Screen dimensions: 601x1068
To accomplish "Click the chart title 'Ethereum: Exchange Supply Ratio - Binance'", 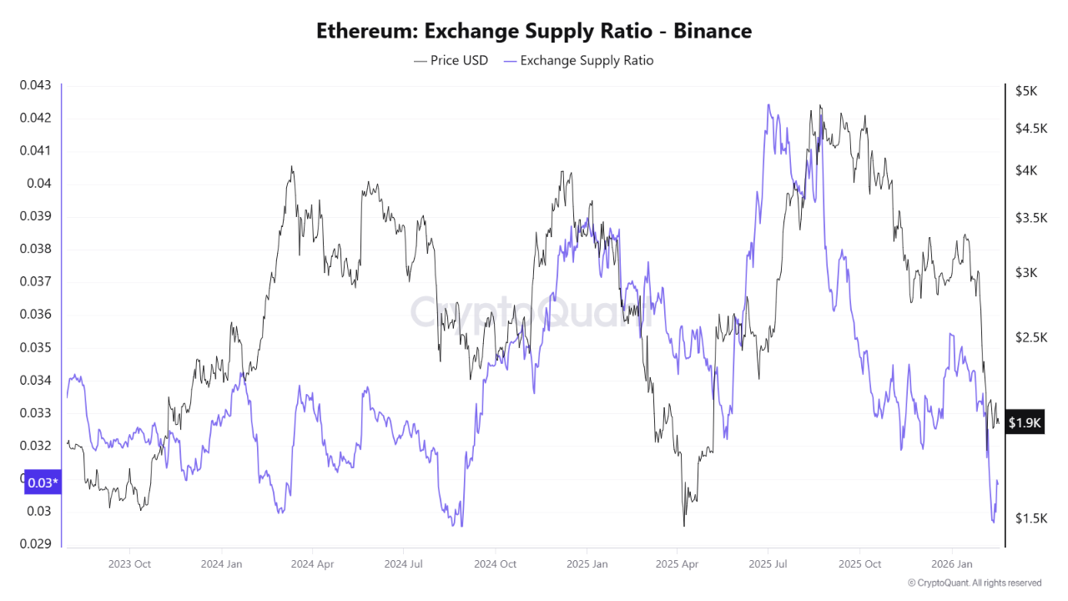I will tap(534, 31).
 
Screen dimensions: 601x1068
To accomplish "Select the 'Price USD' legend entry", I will tap(451, 60).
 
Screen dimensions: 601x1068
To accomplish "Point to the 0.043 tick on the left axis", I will tap(35, 85).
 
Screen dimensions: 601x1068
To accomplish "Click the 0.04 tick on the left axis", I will tap(38, 184).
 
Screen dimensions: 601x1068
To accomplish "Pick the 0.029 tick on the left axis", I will tap(35, 544).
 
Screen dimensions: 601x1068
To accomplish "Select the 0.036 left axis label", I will tap(35, 315).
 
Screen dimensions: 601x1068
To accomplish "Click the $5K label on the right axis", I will tap(1025, 90).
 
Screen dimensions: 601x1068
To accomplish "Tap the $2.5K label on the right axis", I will tap(1030, 337).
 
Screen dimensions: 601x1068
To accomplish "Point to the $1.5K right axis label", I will tap(1030, 518).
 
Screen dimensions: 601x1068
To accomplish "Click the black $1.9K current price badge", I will tap(1025, 422).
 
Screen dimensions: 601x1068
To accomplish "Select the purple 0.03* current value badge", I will tap(43, 482).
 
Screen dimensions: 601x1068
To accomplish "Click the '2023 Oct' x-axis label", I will tap(130, 563).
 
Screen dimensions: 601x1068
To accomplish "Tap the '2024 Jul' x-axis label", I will tap(404, 563).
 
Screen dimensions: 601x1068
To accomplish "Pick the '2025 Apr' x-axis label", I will tap(678, 563).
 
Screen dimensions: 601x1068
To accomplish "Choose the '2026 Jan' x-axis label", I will tap(951, 563).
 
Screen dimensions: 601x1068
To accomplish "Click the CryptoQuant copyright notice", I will tap(974, 583).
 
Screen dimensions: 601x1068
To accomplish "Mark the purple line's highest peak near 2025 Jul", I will tap(768, 105).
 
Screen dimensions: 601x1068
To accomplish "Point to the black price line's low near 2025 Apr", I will tap(684, 525).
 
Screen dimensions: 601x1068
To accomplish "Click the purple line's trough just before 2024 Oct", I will tap(461, 525).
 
